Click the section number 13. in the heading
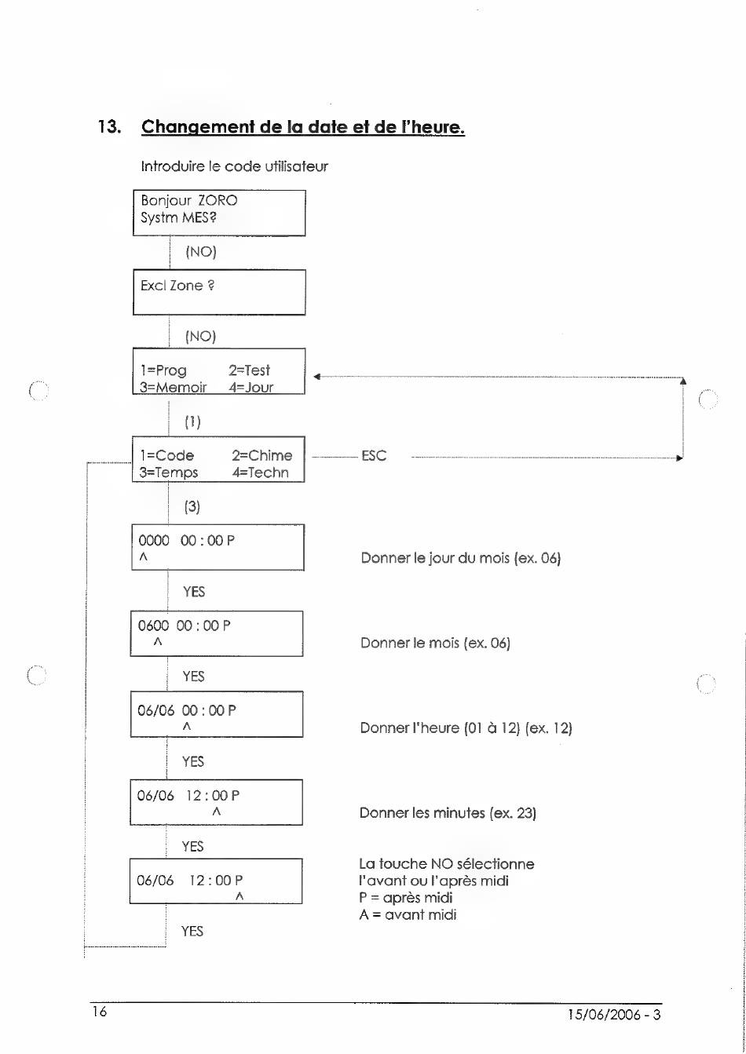[x=110, y=126]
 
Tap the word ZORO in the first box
[x=218, y=200]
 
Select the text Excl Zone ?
[x=177, y=286]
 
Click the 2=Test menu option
[x=250, y=370]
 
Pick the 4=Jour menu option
[x=251, y=387]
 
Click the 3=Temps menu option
[x=169, y=472]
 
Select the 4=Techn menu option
[x=260, y=472]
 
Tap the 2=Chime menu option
[x=261, y=455]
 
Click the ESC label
[x=374, y=455]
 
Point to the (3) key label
[x=192, y=507]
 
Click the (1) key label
[x=192, y=421]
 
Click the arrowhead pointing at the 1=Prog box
[x=316, y=377]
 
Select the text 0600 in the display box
[x=153, y=625]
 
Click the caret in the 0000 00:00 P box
[x=144, y=557]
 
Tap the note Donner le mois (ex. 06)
[x=435, y=643]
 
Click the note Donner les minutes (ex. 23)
[x=448, y=812]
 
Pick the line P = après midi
[x=406, y=897]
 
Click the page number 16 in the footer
[x=100, y=1011]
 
